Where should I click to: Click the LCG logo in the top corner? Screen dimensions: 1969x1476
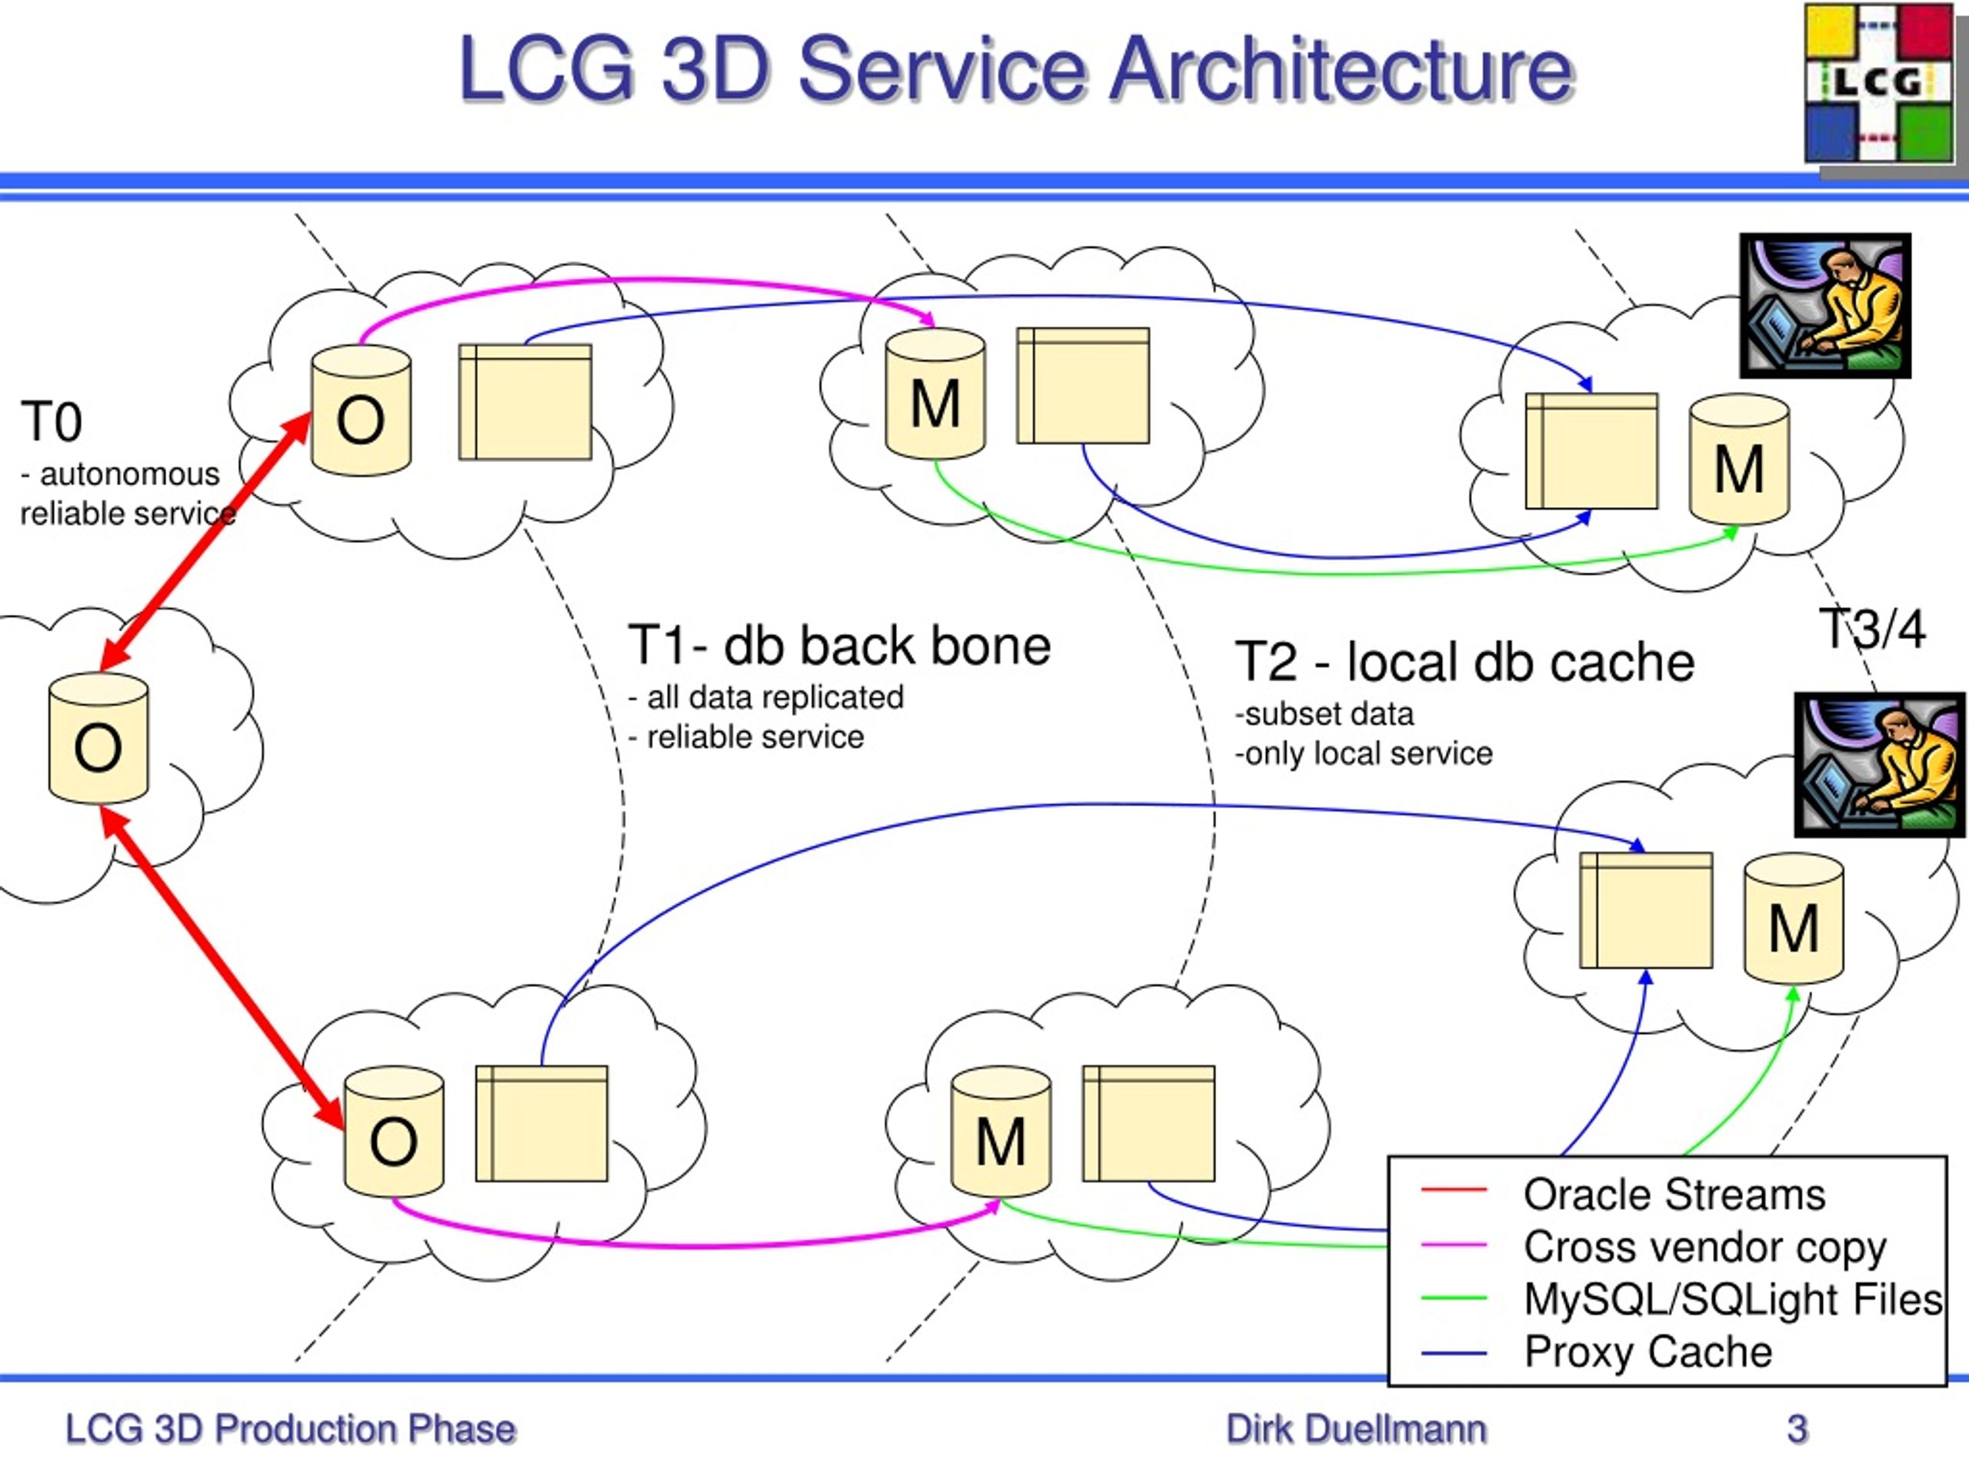coord(1880,85)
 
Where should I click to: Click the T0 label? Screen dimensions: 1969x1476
coord(52,422)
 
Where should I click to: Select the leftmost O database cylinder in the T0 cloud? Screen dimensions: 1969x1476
coord(98,737)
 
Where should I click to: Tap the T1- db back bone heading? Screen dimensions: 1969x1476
coord(838,645)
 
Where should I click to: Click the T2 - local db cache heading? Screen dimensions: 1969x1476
coord(1464,662)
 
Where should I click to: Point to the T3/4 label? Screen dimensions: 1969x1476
coord(1872,629)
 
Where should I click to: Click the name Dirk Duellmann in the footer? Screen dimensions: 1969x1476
coord(1356,1429)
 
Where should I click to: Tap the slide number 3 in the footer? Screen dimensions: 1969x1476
coord(1797,1429)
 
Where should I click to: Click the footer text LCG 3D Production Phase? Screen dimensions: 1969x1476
coord(290,1429)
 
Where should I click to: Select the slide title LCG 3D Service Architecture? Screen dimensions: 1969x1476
coord(1016,68)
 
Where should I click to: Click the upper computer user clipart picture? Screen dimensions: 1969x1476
coord(1826,306)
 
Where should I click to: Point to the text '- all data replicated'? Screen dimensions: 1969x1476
coord(765,697)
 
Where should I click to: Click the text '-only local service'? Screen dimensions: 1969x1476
coord(1364,753)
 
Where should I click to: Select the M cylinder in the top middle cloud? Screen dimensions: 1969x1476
coord(935,394)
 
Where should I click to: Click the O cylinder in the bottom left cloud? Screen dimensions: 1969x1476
coord(395,1132)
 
